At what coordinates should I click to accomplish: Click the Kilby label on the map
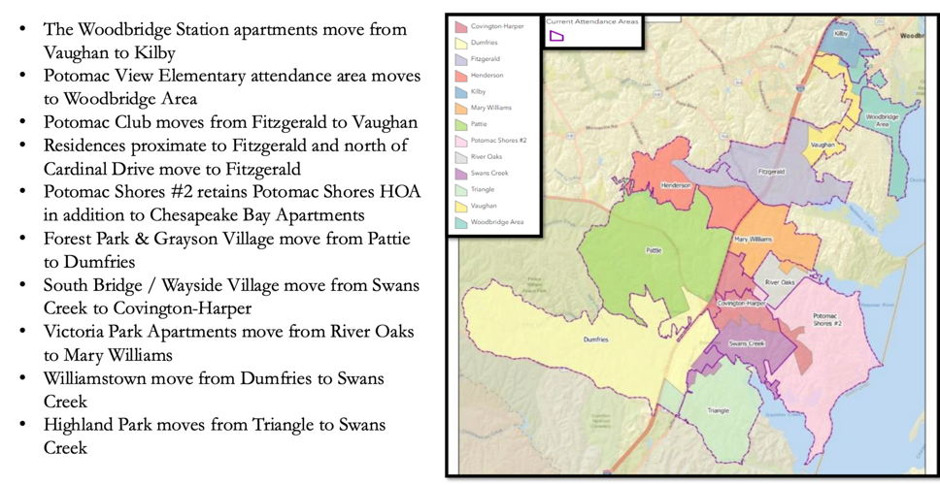[841, 34]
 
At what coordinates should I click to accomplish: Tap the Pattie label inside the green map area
[654, 249]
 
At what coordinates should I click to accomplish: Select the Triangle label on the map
[718, 410]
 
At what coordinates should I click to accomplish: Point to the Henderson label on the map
[676, 184]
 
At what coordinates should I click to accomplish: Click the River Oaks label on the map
[780, 282]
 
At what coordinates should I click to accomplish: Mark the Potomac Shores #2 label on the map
[826, 319]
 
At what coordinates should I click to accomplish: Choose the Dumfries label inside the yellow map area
[595, 339]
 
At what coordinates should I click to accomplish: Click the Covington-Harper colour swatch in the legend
[461, 26]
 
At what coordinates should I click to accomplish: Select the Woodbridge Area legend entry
[496, 222]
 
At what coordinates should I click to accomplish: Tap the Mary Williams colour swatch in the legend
[461, 108]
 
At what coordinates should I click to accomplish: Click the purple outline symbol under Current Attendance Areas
[556, 36]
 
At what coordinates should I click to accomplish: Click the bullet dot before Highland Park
[23, 425]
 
